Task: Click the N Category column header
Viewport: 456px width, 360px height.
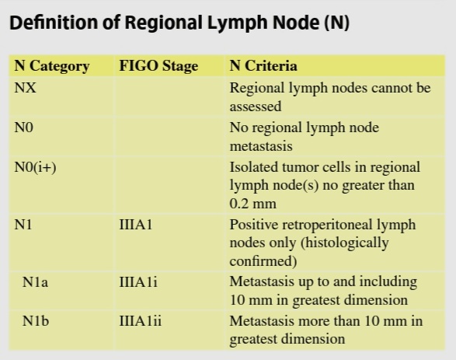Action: coord(52,66)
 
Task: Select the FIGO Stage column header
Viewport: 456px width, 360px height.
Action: coord(158,66)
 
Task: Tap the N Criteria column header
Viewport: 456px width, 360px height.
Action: coord(263,66)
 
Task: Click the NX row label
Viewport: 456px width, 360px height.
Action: coord(26,88)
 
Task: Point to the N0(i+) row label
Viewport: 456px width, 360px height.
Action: coord(35,167)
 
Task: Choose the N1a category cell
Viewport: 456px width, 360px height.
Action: coord(35,282)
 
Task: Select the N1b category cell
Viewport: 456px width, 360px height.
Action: coord(36,321)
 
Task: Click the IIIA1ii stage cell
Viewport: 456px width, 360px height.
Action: coord(141,321)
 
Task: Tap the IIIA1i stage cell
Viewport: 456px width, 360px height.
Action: coord(138,282)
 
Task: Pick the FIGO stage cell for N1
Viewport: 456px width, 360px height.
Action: coord(136,225)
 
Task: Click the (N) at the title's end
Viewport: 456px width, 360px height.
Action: coord(337,23)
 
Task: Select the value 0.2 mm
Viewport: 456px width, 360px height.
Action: coord(252,204)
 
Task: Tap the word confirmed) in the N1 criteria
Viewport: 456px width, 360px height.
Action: coord(263,261)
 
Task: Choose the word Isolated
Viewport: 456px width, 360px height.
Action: coord(250,167)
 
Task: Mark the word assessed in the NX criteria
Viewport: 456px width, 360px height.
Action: coord(256,107)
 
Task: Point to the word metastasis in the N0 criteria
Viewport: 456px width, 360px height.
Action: coord(261,146)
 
